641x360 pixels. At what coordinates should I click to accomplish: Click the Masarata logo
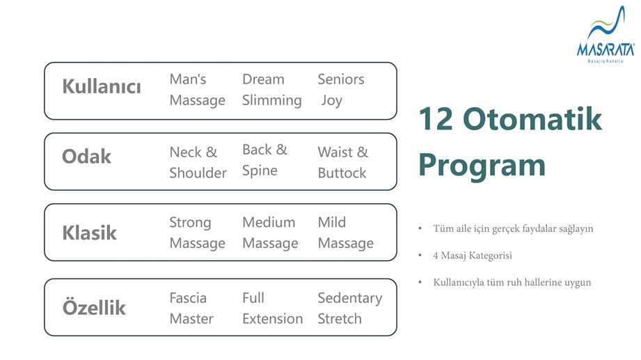pyautogui.click(x=606, y=35)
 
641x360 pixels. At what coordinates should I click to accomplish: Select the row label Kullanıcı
pyautogui.click(x=102, y=86)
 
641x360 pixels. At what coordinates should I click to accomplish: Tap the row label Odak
pyautogui.click(x=86, y=156)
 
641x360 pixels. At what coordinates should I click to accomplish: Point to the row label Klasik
pyautogui.click(x=89, y=233)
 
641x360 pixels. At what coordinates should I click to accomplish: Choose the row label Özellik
pyautogui.click(x=94, y=307)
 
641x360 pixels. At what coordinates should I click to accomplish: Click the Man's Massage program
pyautogui.click(x=198, y=90)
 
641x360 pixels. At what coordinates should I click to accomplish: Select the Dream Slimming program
pyautogui.click(x=272, y=90)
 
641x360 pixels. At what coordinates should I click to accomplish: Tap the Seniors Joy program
pyautogui.click(x=341, y=90)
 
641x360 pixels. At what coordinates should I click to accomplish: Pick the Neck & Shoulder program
pyautogui.click(x=198, y=162)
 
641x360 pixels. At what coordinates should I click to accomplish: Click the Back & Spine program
pyautogui.click(x=265, y=160)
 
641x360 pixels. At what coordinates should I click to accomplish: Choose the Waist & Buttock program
pyautogui.click(x=343, y=162)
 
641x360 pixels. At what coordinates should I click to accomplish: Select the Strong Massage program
pyautogui.click(x=198, y=233)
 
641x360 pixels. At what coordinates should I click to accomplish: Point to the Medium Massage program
pyautogui.click(x=270, y=233)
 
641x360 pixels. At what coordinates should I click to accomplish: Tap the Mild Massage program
pyautogui.click(x=346, y=233)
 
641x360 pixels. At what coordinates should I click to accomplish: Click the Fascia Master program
pyautogui.click(x=191, y=308)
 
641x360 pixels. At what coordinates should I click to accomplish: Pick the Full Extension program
pyautogui.click(x=273, y=308)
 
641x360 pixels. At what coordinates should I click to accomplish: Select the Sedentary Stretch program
pyautogui.click(x=350, y=308)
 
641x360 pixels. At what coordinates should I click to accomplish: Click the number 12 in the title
pyautogui.click(x=436, y=119)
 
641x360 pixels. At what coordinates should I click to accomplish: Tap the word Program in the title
pyautogui.click(x=482, y=166)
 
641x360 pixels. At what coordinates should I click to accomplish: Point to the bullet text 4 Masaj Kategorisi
pyautogui.click(x=473, y=256)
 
